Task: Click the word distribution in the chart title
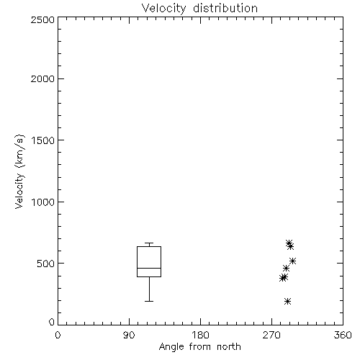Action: coord(225,8)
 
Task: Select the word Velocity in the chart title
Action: coord(163,9)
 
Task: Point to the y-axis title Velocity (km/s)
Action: coord(19,171)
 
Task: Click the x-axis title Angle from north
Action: coord(199,346)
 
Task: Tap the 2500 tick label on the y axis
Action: coord(42,19)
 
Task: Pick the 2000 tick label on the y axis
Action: coord(42,78)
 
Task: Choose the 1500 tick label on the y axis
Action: coord(43,140)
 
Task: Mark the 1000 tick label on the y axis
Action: coord(43,202)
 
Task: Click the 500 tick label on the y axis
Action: coord(46,264)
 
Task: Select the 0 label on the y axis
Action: coord(52,322)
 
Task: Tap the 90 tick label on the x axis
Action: coord(129,335)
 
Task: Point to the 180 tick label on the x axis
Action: coord(200,335)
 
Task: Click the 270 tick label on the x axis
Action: coord(271,335)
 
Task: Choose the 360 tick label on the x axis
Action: coord(343,335)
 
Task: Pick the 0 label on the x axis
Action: coord(58,335)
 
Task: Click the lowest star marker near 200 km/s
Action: coord(288,301)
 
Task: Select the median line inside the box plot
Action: coord(149,268)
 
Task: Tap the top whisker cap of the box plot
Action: coord(149,243)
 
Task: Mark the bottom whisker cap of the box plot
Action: coord(149,301)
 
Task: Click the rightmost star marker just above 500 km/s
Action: coord(292,261)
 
